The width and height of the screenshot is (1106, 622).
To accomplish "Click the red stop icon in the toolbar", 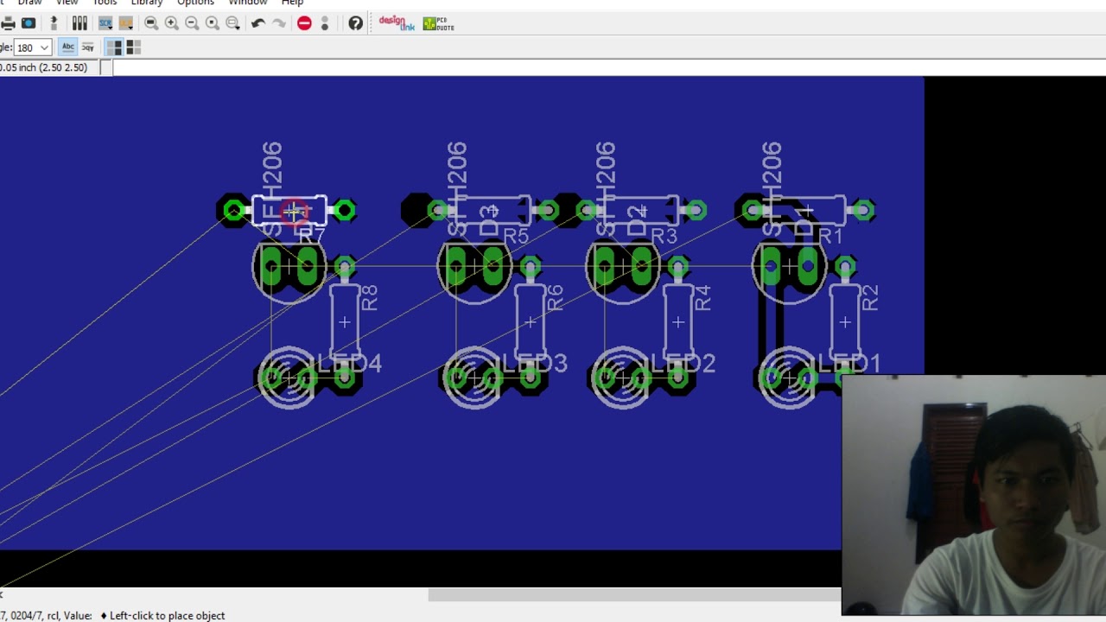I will (x=304, y=23).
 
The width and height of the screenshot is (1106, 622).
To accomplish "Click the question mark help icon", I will (x=355, y=23).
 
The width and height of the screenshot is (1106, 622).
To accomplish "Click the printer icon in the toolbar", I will (x=9, y=23).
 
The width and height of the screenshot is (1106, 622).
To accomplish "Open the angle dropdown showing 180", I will (x=33, y=48).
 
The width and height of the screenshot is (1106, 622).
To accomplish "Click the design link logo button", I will (x=397, y=23).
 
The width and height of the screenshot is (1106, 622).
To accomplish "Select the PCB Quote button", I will (x=438, y=23).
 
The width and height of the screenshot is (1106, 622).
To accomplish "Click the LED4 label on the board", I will (x=351, y=363).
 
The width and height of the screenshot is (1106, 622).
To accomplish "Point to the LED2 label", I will (x=684, y=364).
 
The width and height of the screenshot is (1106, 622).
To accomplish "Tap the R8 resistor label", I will (x=369, y=298).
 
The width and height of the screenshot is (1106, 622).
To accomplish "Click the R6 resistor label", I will (x=554, y=298).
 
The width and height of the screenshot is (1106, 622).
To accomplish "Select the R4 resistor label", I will (x=702, y=298).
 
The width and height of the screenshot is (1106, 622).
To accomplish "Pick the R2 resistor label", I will (x=869, y=298).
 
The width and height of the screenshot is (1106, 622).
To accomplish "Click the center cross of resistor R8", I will (x=344, y=322).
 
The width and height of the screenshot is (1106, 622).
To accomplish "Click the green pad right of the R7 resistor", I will (x=345, y=210).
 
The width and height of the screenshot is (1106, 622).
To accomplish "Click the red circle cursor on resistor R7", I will (x=294, y=212).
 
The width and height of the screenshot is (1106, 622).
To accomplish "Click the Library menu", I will (x=146, y=3).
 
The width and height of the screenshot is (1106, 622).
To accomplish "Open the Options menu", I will (x=195, y=3).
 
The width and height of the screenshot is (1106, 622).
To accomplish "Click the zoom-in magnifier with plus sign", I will (x=171, y=23).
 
